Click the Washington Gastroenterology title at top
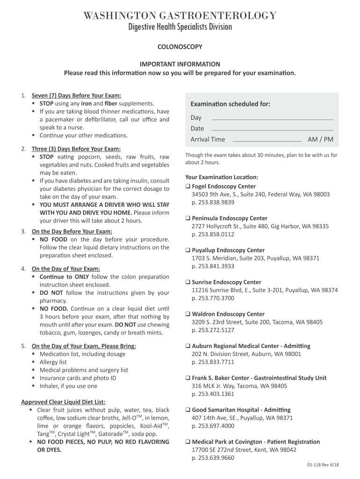pyautogui.click(x=180, y=16)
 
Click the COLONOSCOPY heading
pyautogui.click(x=180, y=47)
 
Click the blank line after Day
pyautogui.click(x=273, y=119)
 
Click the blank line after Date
pyautogui.click(x=273, y=129)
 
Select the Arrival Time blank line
pyautogui.click(x=267, y=140)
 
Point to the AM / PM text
pyautogui.click(x=320, y=139)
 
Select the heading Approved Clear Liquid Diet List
pyautogui.click(x=63, y=402)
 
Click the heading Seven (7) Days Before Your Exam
pyautogui.click(x=76, y=95)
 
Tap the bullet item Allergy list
pyautogui.click(x=53, y=362)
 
